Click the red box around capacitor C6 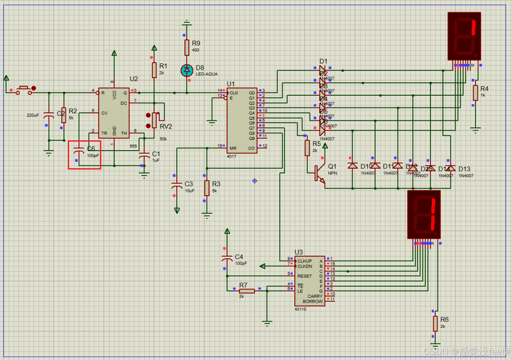(x=84, y=154)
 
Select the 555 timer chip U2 (x=113, y=112)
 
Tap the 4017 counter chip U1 (x=241, y=120)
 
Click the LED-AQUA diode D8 (x=187, y=71)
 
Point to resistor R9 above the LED (x=187, y=47)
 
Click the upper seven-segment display (x=465, y=37)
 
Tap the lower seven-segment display (x=424, y=215)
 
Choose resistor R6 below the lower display (x=435, y=324)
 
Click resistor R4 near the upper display (x=475, y=93)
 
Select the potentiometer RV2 (x=155, y=120)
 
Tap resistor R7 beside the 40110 (x=247, y=291)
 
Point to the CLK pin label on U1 (x=234, y=93)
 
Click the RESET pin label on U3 (x=304, y=276)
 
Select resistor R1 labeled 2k (x=154, y=70)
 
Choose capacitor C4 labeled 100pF (x=227, y=259)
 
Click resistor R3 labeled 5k (x=206, y=188)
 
